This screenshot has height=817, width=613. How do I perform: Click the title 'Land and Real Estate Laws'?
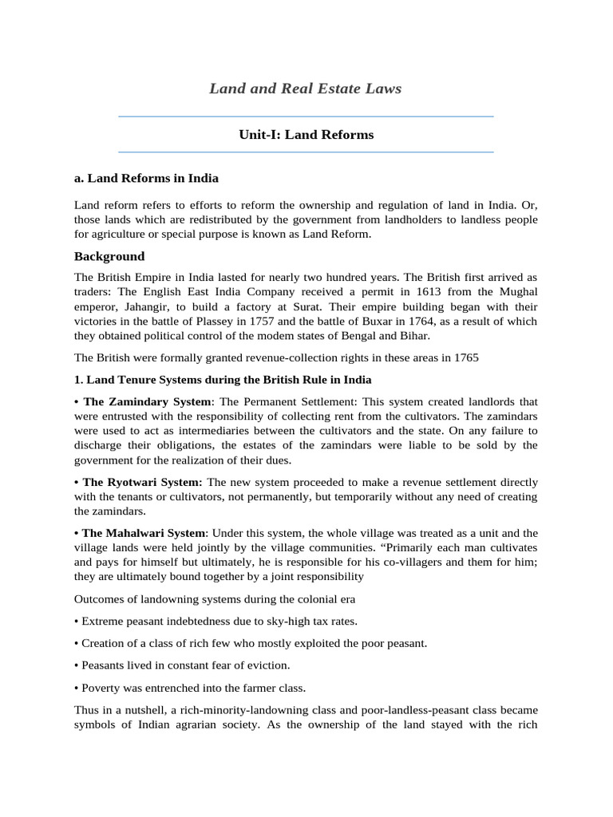(305, 89)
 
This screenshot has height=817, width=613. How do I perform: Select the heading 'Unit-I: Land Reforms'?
(306, 135)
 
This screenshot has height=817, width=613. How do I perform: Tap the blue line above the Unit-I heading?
(306, 116)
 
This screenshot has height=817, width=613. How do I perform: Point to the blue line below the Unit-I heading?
(306, 152)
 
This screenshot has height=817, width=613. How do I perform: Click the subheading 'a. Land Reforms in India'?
(146, 178)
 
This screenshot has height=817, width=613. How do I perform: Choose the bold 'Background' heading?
(109, 256)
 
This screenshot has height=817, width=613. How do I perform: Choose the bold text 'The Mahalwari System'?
(144, 533)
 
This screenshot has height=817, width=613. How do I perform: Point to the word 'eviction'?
(267, 665)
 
